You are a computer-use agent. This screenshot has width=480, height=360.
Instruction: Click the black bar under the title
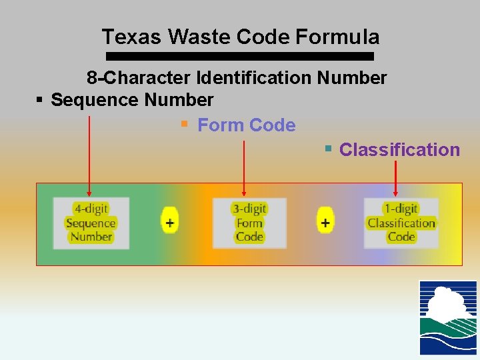(240, 57)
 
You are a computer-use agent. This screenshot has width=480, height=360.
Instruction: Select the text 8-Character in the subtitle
(139, 78)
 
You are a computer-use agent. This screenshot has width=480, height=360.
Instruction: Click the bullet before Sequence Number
(39, 100)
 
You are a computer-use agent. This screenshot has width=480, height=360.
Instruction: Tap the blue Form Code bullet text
(247, 125)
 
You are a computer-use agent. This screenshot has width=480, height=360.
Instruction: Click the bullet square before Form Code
(185, 124)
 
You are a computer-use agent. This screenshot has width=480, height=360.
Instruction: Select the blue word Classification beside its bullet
(399, 150)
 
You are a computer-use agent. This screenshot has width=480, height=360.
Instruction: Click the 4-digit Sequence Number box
(91, 223)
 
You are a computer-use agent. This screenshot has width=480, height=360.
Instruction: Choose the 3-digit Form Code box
(249, 223)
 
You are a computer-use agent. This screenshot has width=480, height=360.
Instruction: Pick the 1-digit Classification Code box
(401, 223)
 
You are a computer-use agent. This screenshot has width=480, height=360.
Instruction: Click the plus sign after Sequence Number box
(170, 222)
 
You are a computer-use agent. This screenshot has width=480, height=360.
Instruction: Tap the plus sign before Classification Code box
(325, 222)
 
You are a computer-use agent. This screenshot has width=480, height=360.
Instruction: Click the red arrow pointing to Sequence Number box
(89, 153)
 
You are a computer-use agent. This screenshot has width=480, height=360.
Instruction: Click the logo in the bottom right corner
(448, 317)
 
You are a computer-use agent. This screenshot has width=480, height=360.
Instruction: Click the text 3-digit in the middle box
(249, 209)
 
